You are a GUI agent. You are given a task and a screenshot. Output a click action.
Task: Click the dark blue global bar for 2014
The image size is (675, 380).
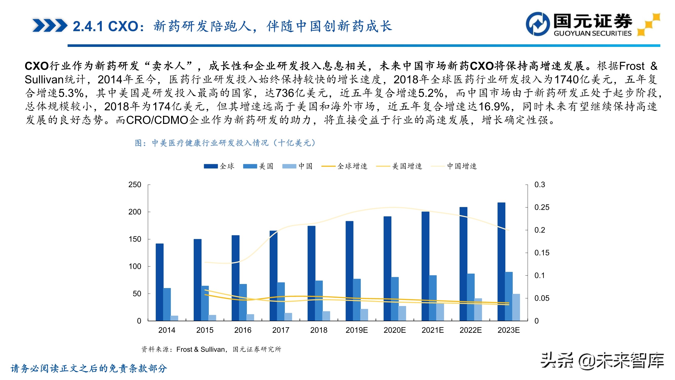tap(159, 282)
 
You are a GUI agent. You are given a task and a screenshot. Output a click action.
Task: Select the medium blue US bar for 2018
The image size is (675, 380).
tap(319, 300)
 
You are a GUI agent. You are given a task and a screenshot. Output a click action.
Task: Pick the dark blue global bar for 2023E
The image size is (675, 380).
tap(501, 261)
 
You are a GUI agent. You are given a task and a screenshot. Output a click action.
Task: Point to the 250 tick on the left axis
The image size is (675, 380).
tap(135, 185)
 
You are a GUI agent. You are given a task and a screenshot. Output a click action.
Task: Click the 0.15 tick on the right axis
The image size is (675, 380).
tap(542, 253)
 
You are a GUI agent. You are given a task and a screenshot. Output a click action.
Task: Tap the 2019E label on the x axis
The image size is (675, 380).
tap(356, 330)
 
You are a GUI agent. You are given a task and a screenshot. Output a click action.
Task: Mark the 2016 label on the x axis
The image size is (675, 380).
tap(243, 330)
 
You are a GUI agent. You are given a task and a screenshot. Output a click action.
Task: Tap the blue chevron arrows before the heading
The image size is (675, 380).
tap(50, 25)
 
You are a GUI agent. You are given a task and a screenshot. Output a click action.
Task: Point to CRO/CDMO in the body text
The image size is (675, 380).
tap(157, 120)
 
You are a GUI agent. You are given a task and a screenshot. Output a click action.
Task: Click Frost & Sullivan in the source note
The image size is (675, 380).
tap(201, 349)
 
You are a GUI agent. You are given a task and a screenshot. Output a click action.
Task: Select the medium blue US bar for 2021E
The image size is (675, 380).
tap(433, 298)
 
